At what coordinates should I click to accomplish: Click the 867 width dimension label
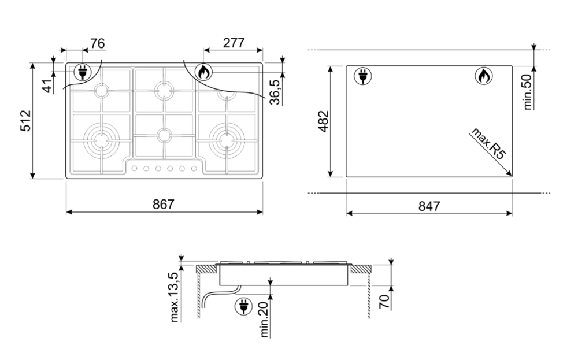point(163,204)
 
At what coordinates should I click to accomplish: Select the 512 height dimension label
point(26,121)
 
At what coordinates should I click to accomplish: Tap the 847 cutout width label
point(429,206)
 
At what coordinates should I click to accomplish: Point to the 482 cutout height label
point(323,121)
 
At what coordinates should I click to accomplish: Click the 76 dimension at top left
point(98,43)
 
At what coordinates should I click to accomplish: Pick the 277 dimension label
point(234,43)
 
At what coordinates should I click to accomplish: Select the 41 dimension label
point(47,86)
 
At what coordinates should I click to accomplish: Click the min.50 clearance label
point(528,92)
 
